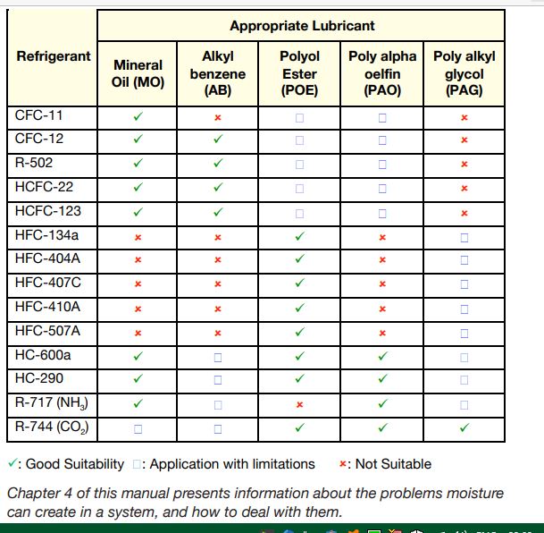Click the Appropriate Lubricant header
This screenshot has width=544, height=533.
click(x=302, y=26)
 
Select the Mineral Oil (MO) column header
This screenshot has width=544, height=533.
click(x=138, y=73)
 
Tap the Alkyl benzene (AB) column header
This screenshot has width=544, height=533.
click(x=217, y=72)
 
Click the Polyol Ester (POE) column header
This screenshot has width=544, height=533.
click(x=299, y=72)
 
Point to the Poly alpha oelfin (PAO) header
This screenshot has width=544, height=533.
click(x=382, y=72)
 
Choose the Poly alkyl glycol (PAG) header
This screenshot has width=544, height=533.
click(x=464, y=72)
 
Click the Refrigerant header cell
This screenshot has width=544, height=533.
click(x=54, y=56)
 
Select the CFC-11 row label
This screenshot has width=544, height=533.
click(x=39, y=116)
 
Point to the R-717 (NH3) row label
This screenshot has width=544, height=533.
click(x=51, y=403)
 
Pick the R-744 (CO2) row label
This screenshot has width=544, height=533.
click(x=52, y=427)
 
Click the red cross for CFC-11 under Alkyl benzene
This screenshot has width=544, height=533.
click(x=217, y=117)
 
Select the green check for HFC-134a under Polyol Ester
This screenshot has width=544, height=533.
click(x=299, y=236)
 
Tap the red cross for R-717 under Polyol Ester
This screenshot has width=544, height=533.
click(x=299, y=404)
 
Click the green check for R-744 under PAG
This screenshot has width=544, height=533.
click(x=464, y=427)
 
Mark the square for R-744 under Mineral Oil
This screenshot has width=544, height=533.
click(x=138, y=428)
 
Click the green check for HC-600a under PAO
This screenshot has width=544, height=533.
click(x=382, y=356)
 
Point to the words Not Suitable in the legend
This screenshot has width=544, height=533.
click(x=392, y=464)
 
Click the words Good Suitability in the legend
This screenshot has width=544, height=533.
click(x=75, y=464)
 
